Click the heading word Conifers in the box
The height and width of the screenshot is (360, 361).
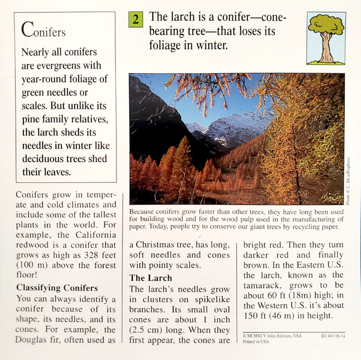[43, 29]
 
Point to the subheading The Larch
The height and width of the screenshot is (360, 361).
[151, 278]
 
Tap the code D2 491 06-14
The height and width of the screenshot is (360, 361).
[333, 337]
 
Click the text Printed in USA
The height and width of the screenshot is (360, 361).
[256, 344]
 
